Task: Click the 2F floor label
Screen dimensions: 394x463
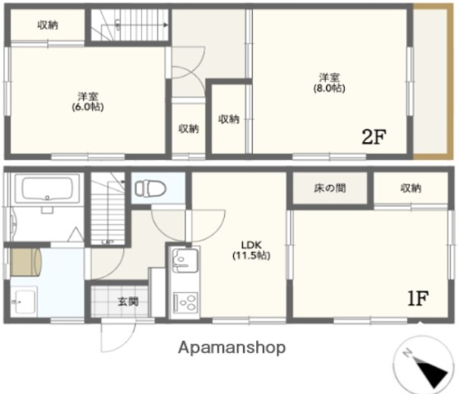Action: tap(374, 136)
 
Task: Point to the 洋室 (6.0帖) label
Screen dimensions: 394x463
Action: tap(85, 100)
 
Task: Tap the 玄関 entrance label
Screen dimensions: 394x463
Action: tap(127, 301)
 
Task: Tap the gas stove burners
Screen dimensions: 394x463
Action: tap(185, 302)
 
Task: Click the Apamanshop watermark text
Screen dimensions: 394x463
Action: tap(233, 347)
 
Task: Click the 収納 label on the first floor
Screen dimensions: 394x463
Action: tap(411, 189)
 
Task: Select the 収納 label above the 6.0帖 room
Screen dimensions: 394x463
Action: tap(48, 25)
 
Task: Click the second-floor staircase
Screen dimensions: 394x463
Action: tap(128, 25)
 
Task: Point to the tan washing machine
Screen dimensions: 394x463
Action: tap(26, 262)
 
